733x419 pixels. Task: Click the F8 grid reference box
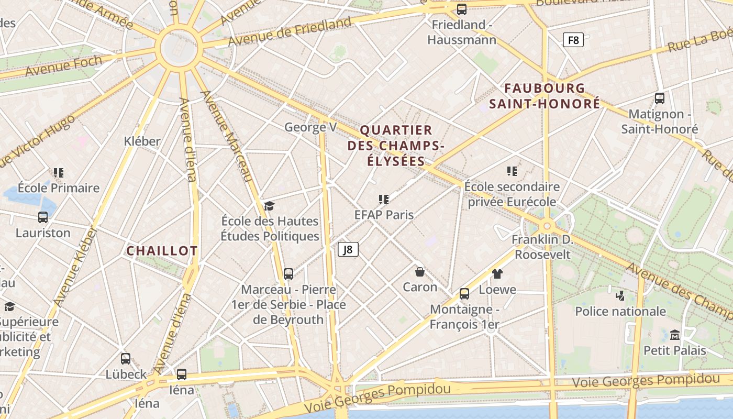tap(573, 40)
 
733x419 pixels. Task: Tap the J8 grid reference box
tap(348, 249)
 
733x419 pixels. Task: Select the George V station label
tap(310, 127)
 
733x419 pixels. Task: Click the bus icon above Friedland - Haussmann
tap(461, 9)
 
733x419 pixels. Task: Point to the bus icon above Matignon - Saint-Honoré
tap(660, 98)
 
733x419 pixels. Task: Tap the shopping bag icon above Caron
tap(420, 271)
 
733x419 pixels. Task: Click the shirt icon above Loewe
tap(497, 273)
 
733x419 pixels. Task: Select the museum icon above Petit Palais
tap(675, 334)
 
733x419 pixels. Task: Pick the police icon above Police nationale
tap(620, 295)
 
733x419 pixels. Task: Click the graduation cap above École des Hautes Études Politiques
tap(269, 205)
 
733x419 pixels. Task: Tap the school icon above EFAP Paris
tap(384, 199)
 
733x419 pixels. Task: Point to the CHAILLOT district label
tap(162, 251)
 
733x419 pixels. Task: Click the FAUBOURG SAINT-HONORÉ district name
tap(545, 96)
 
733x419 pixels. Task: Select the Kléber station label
tap(142, 141)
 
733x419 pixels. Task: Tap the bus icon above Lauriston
tap(43, 217)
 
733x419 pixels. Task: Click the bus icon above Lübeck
tap(126, 359)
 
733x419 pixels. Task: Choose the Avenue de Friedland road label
tap(290, 32)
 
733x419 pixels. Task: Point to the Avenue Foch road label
tap(63, 65)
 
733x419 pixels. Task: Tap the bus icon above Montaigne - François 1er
tap(464, 293)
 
